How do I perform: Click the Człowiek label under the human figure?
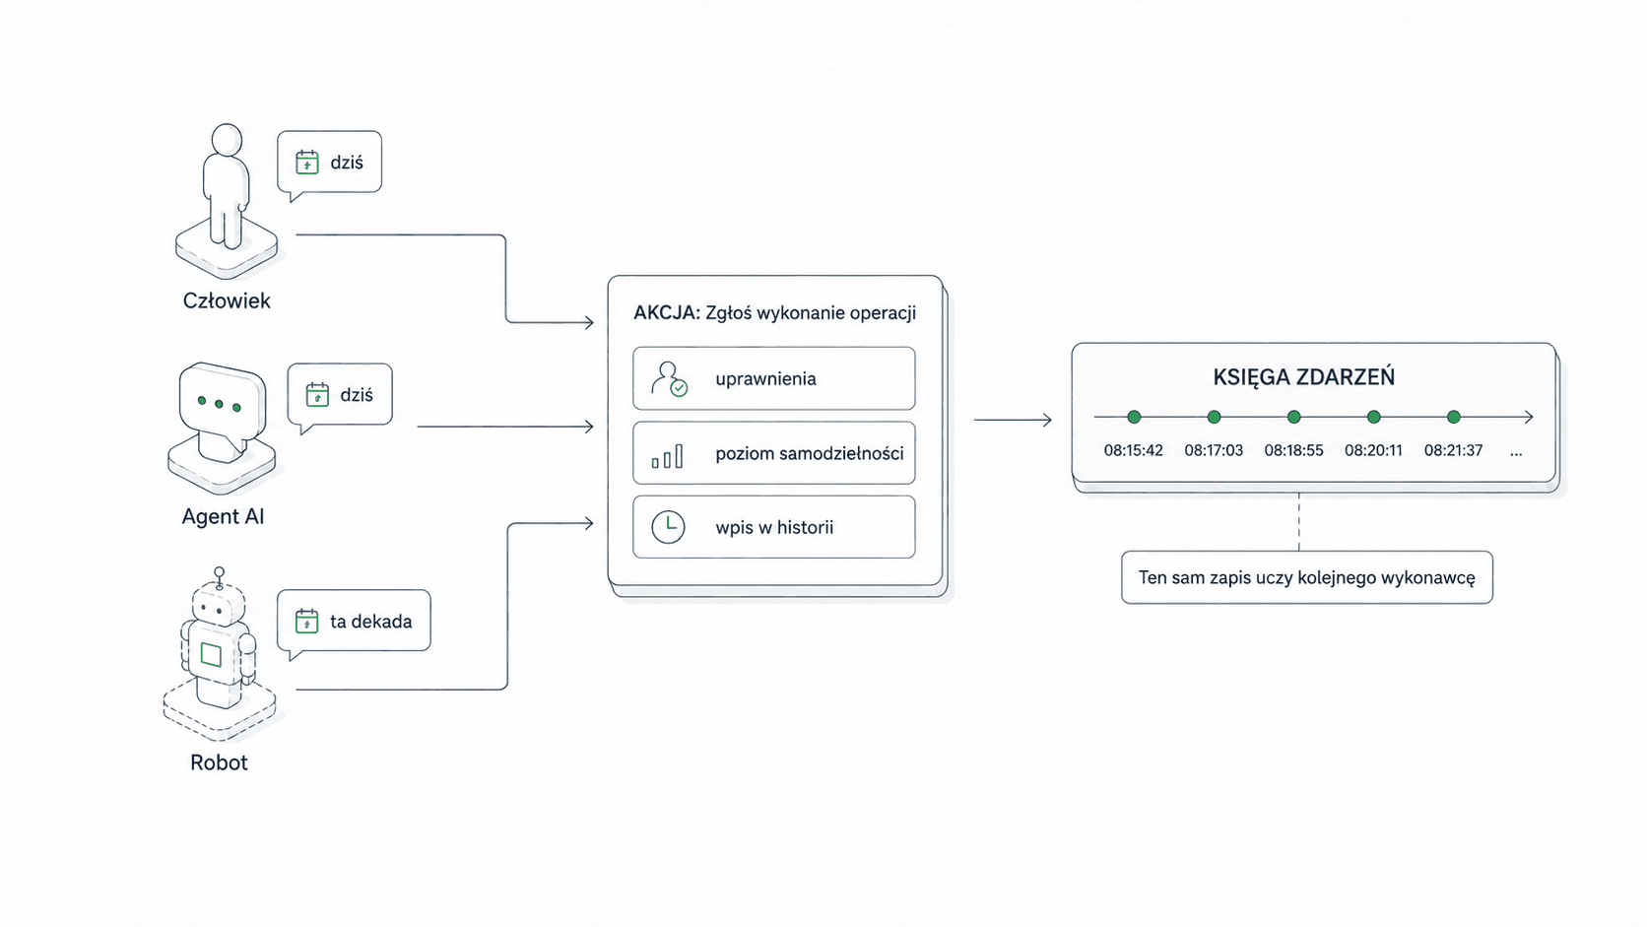pyautogui.click(x=227, y=300)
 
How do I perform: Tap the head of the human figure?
pyautogui.click(x=227, y=139)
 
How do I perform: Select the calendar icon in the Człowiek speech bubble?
pyautogui.click(x=307, y=163)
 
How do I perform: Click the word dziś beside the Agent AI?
pyautogui.click(x=357, y=395)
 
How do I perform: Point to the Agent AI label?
pyautogui.click(x=223, y=517)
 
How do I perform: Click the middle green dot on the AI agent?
pyautogui.click(x=219, y=404)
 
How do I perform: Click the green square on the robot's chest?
pyautogui.click(x=211, y=654)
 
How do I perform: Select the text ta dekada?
pyautogui.click(x=371, y=622)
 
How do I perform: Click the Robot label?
pyautogui.click(x=219, y=762)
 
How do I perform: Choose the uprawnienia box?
pyautogui.click(x=774, y=378)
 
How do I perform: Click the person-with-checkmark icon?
pyautogui.click(x=669, y=378)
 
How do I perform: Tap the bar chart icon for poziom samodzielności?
pyautogui.click(x=667, y=456)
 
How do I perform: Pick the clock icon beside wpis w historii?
pyautogui.click(x=669, y=527)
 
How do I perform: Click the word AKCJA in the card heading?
pyautogui.click(x=667, y=313)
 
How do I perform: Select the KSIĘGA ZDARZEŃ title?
pyautogui.click(x=1303, y=377)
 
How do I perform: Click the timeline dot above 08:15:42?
pyautogui.click(x=1134, y=418)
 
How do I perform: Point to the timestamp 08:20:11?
pyautogui.click(x=1373, y=450)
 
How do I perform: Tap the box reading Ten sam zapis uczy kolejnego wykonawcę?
pyautogui.click(x=1307, y=578)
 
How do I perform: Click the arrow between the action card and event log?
pyautogui.click(x=1014, y=420)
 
